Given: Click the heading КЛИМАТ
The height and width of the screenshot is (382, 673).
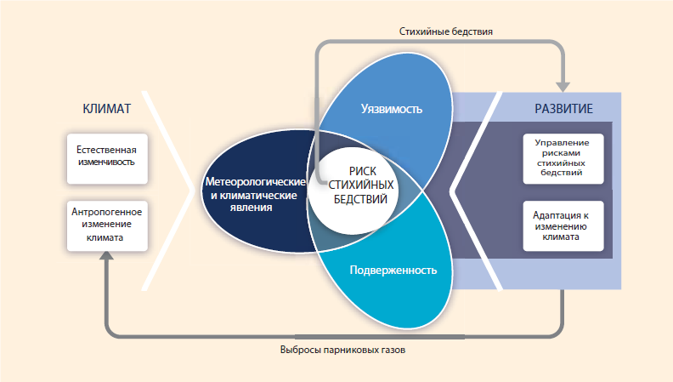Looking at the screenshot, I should (106, 109).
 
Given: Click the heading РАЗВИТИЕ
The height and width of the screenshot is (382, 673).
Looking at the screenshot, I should (563, 109).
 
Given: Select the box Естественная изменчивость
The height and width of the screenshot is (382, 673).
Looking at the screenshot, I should (106, 157).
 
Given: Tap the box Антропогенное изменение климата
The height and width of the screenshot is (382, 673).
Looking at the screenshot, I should (106, 225).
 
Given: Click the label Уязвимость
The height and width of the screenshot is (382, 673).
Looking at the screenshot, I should (391, 110).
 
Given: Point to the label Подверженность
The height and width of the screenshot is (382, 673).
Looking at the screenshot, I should (393, 271).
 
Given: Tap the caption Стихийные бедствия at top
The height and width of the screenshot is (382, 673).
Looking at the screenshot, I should (446, 31).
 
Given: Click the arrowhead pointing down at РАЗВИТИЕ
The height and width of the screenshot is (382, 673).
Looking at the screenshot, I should (563, 85).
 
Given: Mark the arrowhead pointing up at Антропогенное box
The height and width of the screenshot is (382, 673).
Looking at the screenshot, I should (106, 260).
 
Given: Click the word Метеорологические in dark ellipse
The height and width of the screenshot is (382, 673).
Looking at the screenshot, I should (255, 183).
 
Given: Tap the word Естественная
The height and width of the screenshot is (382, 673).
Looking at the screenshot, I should (106, 151).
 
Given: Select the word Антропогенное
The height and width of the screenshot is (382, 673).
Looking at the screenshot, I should (106, 212).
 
